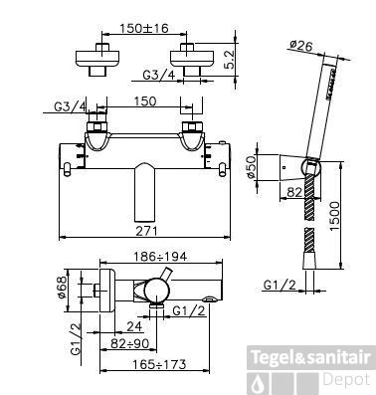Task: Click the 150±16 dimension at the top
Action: [x=144, y=28]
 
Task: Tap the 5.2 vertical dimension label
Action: [x=229, y=59]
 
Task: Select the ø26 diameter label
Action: [x=300, y=45]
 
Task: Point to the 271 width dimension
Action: [x=146, y=231]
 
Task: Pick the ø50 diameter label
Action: [x=252, y=167]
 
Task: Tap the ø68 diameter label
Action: [x=63, y=288]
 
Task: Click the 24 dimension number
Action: [x=134, y=326]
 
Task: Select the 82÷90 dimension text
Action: [x=130, y=343]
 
